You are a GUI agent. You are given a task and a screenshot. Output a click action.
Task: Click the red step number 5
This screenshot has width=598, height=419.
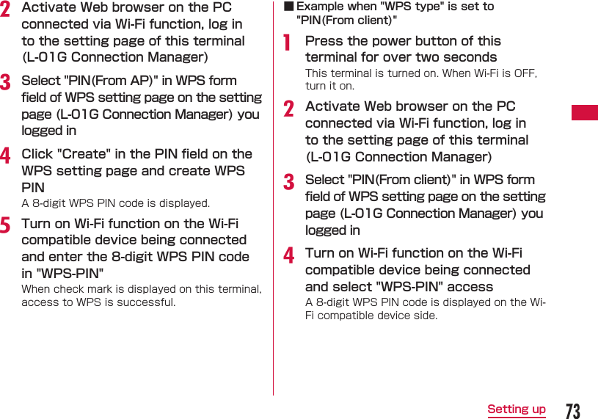click(6, 225)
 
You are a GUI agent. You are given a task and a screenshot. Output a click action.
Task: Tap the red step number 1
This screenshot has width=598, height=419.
click(289, 43)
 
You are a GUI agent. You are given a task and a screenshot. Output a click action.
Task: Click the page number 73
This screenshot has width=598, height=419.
click(572, 410)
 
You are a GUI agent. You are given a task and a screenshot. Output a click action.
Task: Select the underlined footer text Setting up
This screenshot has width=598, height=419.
click(517, 409)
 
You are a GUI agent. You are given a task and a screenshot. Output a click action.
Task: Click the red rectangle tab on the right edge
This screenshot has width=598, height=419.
click(585, 112)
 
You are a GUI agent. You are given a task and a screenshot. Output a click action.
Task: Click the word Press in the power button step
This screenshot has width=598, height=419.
click(324, 41)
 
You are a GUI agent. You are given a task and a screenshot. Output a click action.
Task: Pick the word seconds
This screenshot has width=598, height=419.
click(470, 57)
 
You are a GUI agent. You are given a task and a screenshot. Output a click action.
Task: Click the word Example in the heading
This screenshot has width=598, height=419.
click(321, 7)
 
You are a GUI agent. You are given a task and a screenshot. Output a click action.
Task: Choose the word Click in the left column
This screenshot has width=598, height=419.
click(37, 154)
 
